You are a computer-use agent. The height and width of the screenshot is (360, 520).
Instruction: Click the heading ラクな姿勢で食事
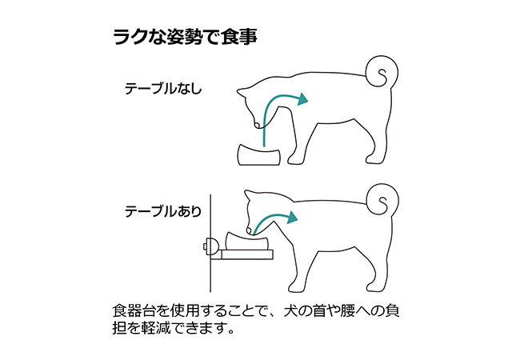(185, 37)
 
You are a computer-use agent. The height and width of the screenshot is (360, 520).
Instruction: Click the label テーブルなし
(163, 89)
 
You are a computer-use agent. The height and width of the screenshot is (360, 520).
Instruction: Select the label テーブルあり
(163, 211)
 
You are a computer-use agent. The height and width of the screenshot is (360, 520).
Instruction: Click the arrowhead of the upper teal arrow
(302, 98)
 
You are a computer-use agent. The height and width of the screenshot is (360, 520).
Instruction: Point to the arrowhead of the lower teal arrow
(291, 217)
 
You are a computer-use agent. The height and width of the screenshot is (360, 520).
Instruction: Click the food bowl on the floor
(259, 155)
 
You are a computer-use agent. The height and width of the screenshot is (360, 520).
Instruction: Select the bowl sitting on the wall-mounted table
(246, 241)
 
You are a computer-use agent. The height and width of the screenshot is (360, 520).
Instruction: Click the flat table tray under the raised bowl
(247, 254)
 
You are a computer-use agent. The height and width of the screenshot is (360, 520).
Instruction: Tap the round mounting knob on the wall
(211, 246)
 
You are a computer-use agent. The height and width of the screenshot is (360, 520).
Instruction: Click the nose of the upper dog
(256, 125)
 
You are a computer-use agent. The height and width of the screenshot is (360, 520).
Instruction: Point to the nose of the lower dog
(249, 230)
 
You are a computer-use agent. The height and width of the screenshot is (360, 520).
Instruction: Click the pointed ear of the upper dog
(242, 93)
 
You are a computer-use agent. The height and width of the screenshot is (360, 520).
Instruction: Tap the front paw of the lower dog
(294, 288)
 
